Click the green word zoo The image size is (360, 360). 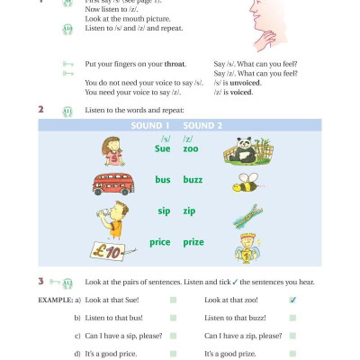pos(191,148)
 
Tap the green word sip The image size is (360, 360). pos(163,211)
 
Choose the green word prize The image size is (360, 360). pos(194,243)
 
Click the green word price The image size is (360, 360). pos(160,243)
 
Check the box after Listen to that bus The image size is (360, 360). pos(173,318)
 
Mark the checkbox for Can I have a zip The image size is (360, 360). pos(292,336)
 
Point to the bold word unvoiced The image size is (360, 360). pos(248,83)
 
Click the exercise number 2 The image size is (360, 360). pos(41,110)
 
